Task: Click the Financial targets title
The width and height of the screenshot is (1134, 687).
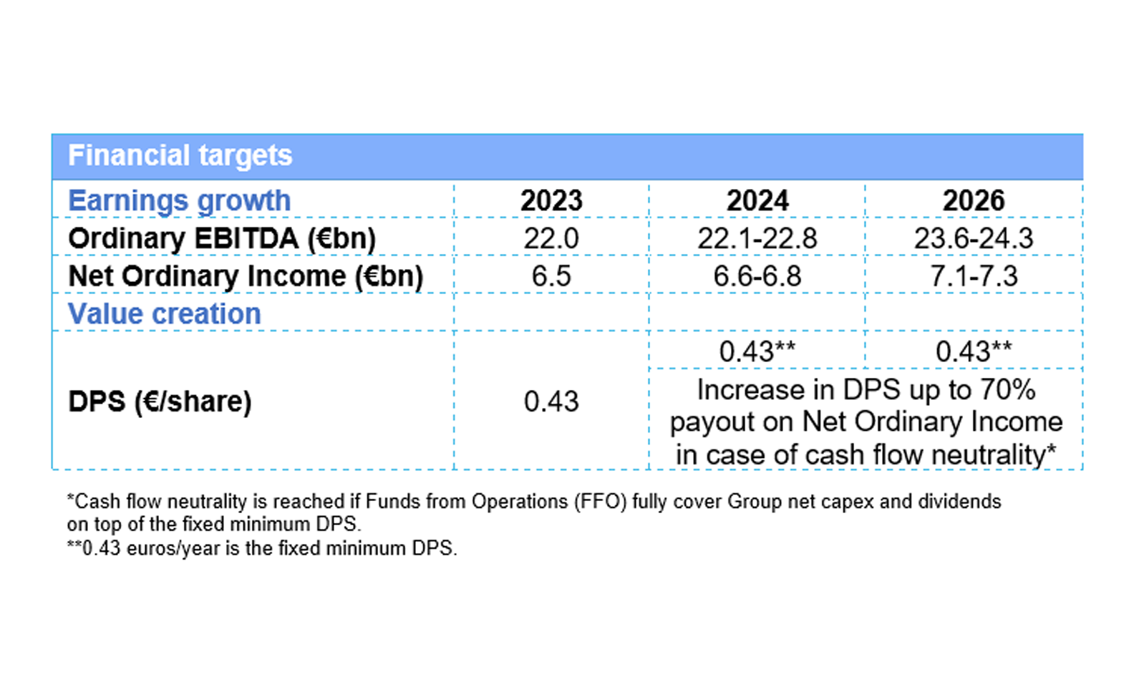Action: [180, 155]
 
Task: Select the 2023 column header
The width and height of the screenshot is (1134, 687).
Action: [551, 200]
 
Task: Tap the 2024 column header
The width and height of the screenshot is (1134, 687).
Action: [757, 200]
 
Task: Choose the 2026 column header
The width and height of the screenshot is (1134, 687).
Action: [974, 200]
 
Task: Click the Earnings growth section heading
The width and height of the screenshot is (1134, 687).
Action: [179, 201]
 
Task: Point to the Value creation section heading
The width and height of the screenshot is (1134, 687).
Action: [165, 313]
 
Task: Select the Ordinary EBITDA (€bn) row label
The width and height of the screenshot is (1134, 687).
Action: [222, 239]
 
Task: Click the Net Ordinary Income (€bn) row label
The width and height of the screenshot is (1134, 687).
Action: [246, 276]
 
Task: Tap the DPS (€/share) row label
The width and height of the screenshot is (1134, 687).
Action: [160, 401]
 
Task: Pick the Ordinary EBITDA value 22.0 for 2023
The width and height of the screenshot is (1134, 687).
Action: [551, 238]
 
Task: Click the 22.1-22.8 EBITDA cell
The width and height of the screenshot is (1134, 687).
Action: [757, 238]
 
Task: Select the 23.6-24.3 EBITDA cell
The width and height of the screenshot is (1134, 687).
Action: [974, 238]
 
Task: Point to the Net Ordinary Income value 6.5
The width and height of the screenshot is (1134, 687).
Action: [551, 276]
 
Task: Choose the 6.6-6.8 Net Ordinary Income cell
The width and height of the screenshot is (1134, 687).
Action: [757, 276]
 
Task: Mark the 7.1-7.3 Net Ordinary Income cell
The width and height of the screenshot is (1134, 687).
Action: [974, 276]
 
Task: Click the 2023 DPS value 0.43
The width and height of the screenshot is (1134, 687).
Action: [551, 401]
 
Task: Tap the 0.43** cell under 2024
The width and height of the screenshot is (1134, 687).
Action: [757, 351]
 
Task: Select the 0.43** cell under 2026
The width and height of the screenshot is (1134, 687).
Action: [974, 351]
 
